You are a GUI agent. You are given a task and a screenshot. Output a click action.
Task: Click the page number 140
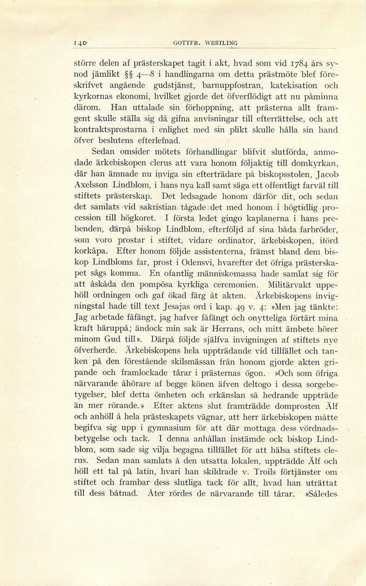point(82,43)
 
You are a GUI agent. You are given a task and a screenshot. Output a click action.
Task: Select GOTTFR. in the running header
point(185,43)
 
